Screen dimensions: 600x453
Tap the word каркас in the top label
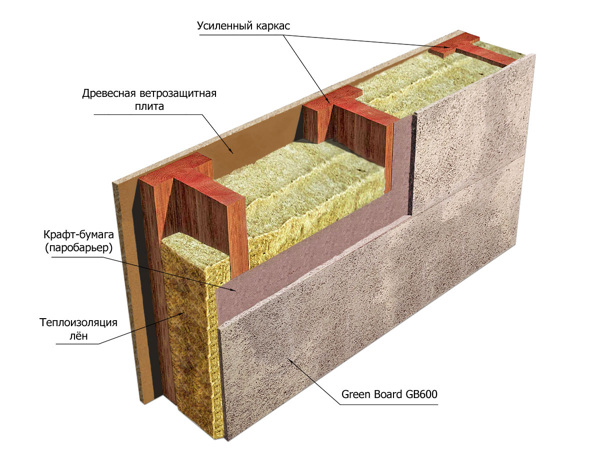coord(273,26)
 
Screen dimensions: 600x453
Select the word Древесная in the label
coord(109,94)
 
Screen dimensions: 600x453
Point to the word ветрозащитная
coord(178,94)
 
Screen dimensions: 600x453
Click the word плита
coord(149,106)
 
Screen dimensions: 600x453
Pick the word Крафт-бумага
coord(78,235)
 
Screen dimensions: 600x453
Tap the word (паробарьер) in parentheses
coord(78,248)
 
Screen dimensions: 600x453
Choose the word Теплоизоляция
coord(78,323)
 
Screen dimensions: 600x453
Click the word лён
coord(78,336)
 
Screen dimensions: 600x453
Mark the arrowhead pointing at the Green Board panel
coord(291,362)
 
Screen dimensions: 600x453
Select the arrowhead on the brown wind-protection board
coord(231,151)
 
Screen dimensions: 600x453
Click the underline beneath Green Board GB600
coord(389,405)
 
